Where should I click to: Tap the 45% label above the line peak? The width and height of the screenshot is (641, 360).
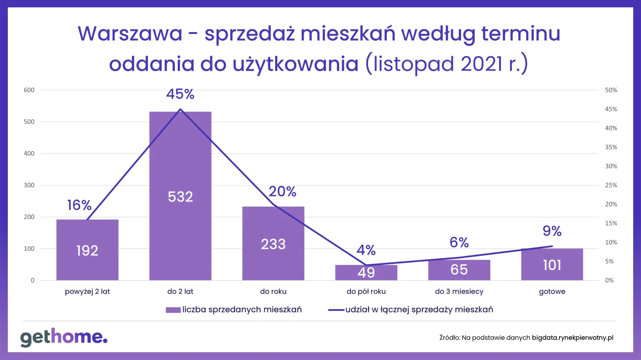pos(180,94)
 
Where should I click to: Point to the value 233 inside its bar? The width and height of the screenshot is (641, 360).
pos(273,244)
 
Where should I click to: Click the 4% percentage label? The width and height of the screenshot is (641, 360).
pos(366,250)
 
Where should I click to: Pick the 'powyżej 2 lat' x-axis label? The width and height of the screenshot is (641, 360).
pos(87,291)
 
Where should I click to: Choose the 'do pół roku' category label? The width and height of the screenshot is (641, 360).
pos(366,291)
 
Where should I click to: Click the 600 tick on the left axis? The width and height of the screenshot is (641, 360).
pos(29,90)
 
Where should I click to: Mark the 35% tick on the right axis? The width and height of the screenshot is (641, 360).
pos(611,147)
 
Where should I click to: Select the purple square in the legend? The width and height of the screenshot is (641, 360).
pos(173,310)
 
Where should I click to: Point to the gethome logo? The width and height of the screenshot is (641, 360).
pos(64,338)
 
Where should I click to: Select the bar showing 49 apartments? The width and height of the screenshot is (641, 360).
pos(366,273)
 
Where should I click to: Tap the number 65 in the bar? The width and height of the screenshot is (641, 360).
pos(459,269)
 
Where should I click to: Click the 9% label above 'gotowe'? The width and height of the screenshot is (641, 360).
pos(552,231)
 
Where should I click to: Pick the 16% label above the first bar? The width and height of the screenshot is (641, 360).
pos(79,205)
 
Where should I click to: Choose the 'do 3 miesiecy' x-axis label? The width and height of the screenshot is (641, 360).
pos(459,291)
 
